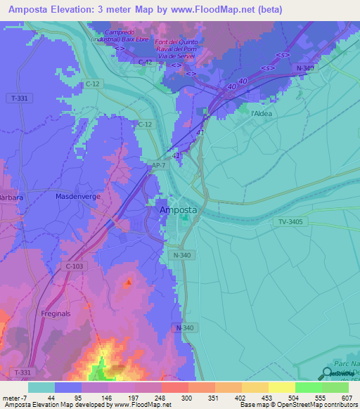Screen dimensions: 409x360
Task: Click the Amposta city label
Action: click(x=179, y=210)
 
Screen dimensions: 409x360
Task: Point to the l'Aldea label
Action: click(x=261, y=113)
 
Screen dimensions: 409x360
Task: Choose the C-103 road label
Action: click(x=74, y=266)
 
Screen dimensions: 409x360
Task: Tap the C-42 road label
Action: click(x=146, y=63)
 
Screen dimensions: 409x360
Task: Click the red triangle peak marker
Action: click(x=128, y=283)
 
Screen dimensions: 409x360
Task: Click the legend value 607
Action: click(x=345, y=398)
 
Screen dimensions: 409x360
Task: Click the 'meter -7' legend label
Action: click(x=13, y=398)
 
